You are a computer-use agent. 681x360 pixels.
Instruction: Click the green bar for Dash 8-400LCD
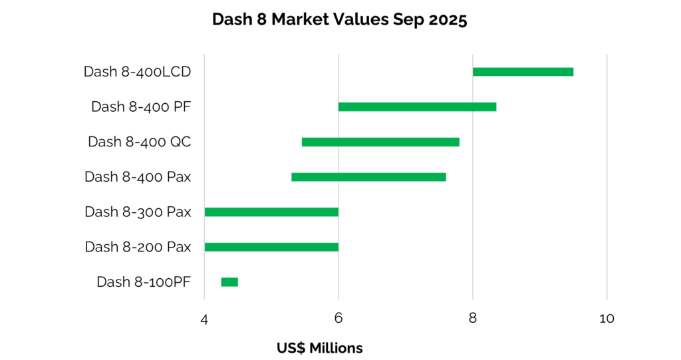523,72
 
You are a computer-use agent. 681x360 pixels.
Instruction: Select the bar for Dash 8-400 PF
417,106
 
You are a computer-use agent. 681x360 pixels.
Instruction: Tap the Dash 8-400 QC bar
380,142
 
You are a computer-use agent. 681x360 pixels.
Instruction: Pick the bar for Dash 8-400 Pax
368,177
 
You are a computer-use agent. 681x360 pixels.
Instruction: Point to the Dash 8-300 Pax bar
271,212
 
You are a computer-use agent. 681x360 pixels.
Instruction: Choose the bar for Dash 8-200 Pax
271,247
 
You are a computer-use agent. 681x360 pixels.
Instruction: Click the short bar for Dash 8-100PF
229,282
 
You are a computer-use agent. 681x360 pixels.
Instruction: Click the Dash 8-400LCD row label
138,72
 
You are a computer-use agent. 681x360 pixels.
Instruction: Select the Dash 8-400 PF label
141,106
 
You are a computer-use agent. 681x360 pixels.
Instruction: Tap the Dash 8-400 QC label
140,142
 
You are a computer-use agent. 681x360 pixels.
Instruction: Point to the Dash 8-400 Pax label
138,177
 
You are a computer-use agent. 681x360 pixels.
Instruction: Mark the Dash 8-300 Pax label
138,212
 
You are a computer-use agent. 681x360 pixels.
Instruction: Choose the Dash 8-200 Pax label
138,247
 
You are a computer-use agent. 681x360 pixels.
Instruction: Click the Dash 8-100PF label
144,282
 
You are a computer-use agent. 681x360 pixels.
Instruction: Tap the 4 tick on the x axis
204,319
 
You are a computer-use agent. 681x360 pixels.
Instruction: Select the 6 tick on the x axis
339,319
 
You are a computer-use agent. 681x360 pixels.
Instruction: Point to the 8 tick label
473,319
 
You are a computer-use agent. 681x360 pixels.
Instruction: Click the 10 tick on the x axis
607,319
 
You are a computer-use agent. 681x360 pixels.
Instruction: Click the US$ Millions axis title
320,348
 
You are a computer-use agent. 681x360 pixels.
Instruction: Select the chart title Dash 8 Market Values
340,20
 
